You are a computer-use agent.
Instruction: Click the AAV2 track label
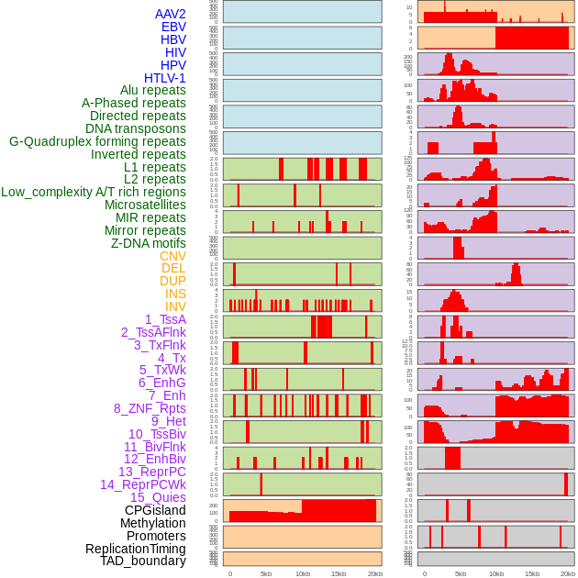click(x=170, y=14)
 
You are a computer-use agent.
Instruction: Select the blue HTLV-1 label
click(x=164, y=78)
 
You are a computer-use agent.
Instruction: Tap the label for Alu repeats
click(x=152, y=90)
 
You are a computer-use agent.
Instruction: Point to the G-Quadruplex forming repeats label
click(x=97, y=141)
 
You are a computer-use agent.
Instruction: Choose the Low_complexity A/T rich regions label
click(x=93, y=192)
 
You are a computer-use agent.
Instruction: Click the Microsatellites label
click(x=145, y=205)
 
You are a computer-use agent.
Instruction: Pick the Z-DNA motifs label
click(x=148, y=243)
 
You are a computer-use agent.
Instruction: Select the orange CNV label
click(x=172, y=256)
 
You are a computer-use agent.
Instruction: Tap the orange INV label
click(x=175, y=306)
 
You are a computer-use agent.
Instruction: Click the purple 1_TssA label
click(x=165, y=319)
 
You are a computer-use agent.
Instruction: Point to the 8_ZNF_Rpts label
click(x=150, y=408)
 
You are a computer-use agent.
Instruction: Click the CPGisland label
click(x=155, y=510)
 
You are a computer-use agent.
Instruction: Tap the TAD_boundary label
click(x=142, y=561)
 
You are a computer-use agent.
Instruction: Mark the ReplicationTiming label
click(x=135, y=549)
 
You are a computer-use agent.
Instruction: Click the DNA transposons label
click(x=136, y=128)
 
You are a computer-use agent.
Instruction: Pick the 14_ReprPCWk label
click(x=142, y=484)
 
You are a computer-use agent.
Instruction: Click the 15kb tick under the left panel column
click(x=339, y=573)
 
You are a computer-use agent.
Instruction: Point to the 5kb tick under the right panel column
click(x=461, y=573)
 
